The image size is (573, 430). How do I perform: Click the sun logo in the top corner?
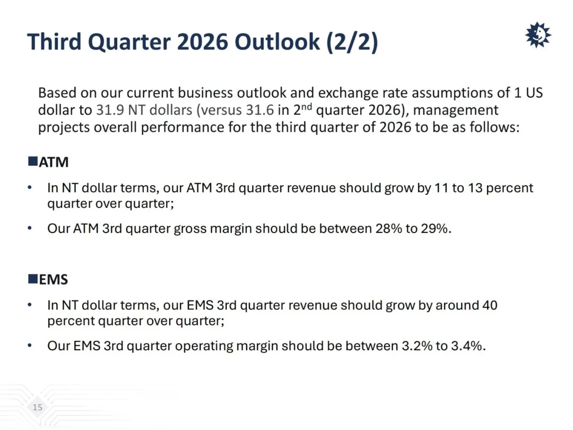click(538, 35)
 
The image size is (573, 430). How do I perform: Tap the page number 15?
click(37, 407)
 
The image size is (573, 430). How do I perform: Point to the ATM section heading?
click(54, 162)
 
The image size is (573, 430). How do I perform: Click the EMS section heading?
click(54, 280)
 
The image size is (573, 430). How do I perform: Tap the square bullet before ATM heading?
click(33, 161)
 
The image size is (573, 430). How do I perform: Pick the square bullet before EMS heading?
click(33, 279)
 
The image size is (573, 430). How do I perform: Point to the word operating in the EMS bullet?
click(204, 347)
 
